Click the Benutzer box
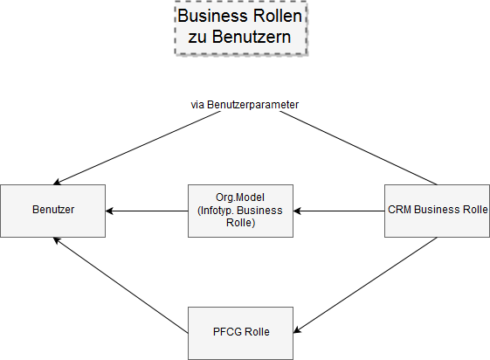(52, 211)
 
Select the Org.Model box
(240, 211)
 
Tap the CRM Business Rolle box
(437, 211)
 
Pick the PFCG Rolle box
(240, 333)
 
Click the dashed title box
(241, 28)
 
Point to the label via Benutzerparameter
(245, 105)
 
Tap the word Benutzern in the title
(252, 37)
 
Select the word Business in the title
(213, 16)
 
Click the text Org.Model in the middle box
(240, 197)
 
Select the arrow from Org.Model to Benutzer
(147, 211)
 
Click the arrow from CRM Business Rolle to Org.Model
(339, 211)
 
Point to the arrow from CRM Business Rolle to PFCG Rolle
(365, 286)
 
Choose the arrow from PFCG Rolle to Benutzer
(121, 286)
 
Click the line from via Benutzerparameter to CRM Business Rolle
(358, 148)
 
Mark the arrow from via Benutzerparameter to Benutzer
(137, 148)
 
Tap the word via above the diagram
(197, 105)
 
